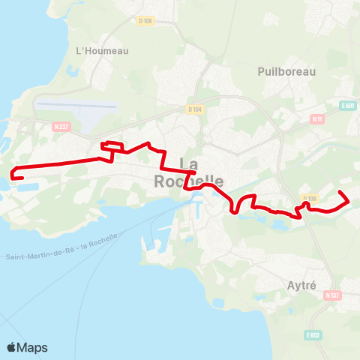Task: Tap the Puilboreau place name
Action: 286,71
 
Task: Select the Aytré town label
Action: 302,285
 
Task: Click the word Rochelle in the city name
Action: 188,181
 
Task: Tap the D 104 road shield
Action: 195,109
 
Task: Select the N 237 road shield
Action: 64,127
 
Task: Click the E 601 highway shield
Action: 346,106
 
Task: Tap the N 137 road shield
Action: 332,295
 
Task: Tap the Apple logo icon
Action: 12,347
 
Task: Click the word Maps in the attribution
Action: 32,347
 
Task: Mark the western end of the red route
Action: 13,177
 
